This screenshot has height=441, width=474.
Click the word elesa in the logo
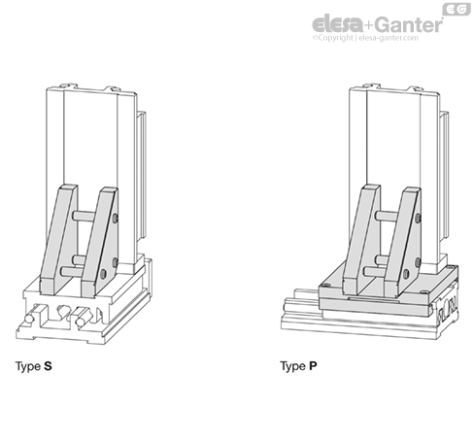click(x=338, y=24)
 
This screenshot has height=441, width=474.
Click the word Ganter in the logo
click(x=410, y=25)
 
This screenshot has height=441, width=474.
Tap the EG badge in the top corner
click(x=457, y=10)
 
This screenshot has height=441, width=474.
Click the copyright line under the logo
click(x=365, y=38)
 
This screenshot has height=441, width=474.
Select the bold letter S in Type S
click(x=48, y=366)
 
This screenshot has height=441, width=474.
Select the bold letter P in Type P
click(x=313, y=366)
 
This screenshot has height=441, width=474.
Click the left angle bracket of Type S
click(x=58, y=240)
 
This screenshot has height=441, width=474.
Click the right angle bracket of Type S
click(x=99, y=242)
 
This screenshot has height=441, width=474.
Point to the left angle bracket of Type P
click(x=361, y=240)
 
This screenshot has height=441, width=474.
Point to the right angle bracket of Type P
click(x=402, y=242)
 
